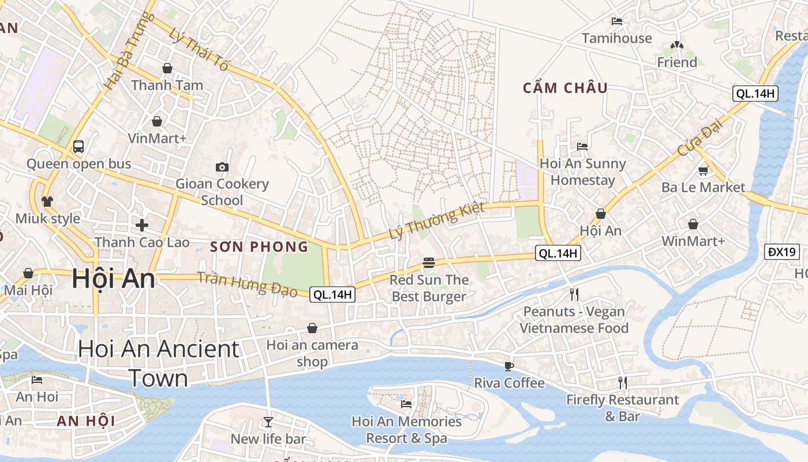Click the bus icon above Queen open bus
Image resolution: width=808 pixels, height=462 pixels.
78,147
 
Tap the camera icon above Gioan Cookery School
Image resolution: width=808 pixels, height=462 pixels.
222,167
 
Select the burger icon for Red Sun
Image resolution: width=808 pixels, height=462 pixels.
428,263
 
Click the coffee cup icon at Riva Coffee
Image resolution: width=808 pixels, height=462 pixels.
508,366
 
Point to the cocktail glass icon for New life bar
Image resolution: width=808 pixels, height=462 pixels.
268,422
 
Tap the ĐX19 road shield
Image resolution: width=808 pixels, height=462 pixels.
782,252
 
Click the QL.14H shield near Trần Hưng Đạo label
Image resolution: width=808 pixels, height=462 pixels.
332,295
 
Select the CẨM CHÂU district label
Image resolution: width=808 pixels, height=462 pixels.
565,88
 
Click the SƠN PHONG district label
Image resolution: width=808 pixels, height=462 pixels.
259,247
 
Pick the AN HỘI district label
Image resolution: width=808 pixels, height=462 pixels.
86,421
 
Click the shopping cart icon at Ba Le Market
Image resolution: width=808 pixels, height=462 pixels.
703,170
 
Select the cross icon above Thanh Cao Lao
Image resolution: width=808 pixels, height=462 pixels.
142,225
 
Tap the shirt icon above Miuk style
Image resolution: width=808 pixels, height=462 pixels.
47,202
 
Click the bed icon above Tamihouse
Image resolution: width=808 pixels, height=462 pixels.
616,21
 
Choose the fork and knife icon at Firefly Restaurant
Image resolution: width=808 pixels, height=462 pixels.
622,382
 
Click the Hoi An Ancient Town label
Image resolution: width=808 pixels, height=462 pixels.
159,363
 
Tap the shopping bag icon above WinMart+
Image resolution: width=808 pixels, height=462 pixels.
693,224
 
